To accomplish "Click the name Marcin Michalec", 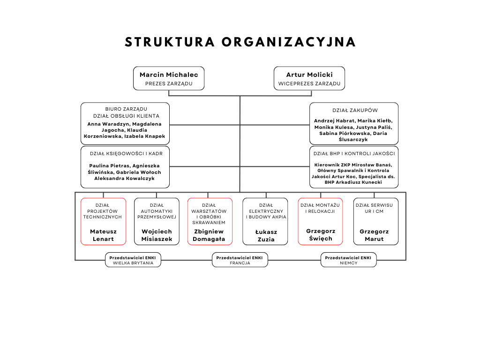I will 169,75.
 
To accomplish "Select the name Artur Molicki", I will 309,75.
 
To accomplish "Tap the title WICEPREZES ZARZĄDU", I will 309,84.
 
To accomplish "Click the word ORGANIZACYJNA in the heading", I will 289,42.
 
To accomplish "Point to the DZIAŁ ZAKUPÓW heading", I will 355,111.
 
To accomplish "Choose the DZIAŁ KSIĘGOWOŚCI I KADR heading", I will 125,153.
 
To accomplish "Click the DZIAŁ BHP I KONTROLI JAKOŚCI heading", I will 354,153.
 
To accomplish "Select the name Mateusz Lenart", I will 104,235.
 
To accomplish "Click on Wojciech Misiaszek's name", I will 157,235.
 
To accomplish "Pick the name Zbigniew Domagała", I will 209,235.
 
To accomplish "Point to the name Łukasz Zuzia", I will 265,235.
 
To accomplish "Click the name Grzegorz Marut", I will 374,235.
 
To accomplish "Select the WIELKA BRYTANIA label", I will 133,263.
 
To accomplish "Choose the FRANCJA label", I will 240,263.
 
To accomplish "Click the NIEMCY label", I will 348,263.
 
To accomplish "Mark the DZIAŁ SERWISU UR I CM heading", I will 374,208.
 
